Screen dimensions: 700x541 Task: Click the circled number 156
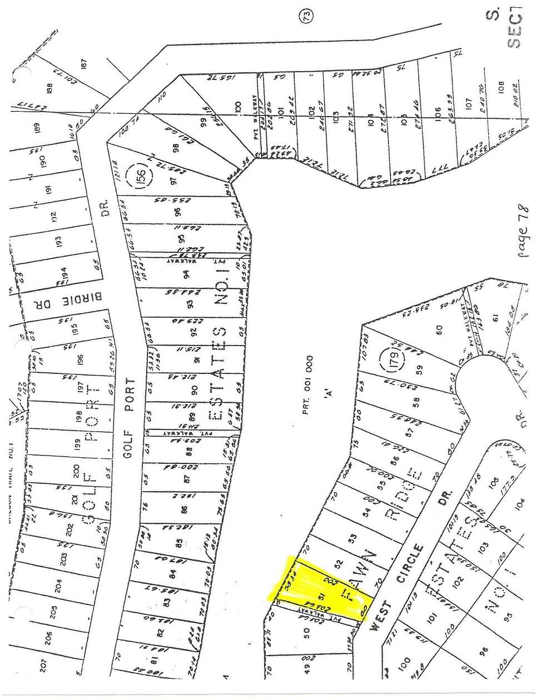(x=142, y=180)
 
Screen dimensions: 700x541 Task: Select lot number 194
(x=65, y=272)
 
